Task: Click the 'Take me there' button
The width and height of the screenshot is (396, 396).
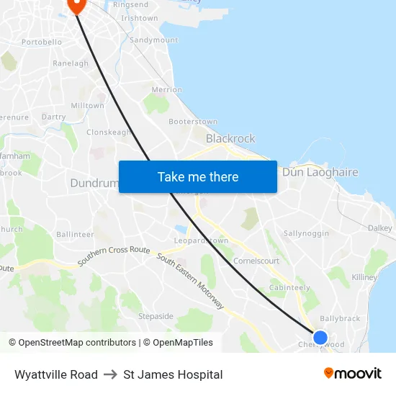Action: [198, 176]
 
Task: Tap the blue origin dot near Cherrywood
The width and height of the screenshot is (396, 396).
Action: [320, 337]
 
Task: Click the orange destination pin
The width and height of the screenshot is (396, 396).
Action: [76, 4]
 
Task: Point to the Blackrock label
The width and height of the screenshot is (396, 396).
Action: [230, 138]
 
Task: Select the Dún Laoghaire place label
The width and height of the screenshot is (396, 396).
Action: [320, 172]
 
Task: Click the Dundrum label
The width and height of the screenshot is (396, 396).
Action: [94, 183]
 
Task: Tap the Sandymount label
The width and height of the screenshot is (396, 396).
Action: [153, 40]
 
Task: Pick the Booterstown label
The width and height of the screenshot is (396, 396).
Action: [193, 122]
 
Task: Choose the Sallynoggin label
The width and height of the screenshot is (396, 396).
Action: [306, 233]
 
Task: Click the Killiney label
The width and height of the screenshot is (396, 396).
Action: [365, 277]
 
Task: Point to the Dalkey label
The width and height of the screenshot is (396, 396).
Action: [379, 228]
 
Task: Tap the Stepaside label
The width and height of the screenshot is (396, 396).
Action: [156, 316]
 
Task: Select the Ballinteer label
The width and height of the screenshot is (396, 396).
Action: [75, 234]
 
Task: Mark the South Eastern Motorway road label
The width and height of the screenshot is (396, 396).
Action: [191, 282]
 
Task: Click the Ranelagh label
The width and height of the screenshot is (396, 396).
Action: [71, 63]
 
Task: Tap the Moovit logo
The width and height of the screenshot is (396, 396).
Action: [353, 374]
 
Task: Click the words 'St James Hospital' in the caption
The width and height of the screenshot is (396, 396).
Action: [173, 374]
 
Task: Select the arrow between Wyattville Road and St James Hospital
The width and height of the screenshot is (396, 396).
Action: [110, 374]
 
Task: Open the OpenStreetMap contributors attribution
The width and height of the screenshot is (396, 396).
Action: [72, 343]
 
